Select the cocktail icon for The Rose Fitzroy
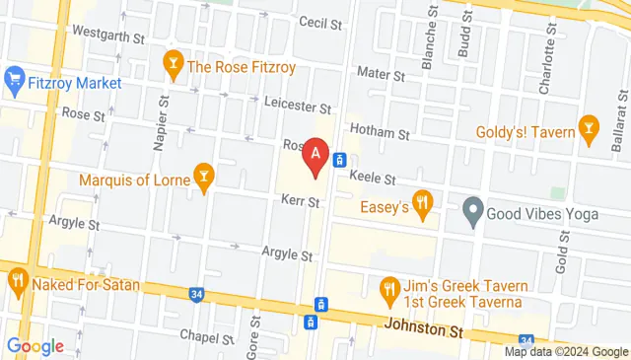174,67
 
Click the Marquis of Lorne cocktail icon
203,178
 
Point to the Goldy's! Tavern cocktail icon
591,127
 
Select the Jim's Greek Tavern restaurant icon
388,290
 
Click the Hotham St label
384,132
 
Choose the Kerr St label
300,202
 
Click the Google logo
35,345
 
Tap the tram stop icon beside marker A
338,160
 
